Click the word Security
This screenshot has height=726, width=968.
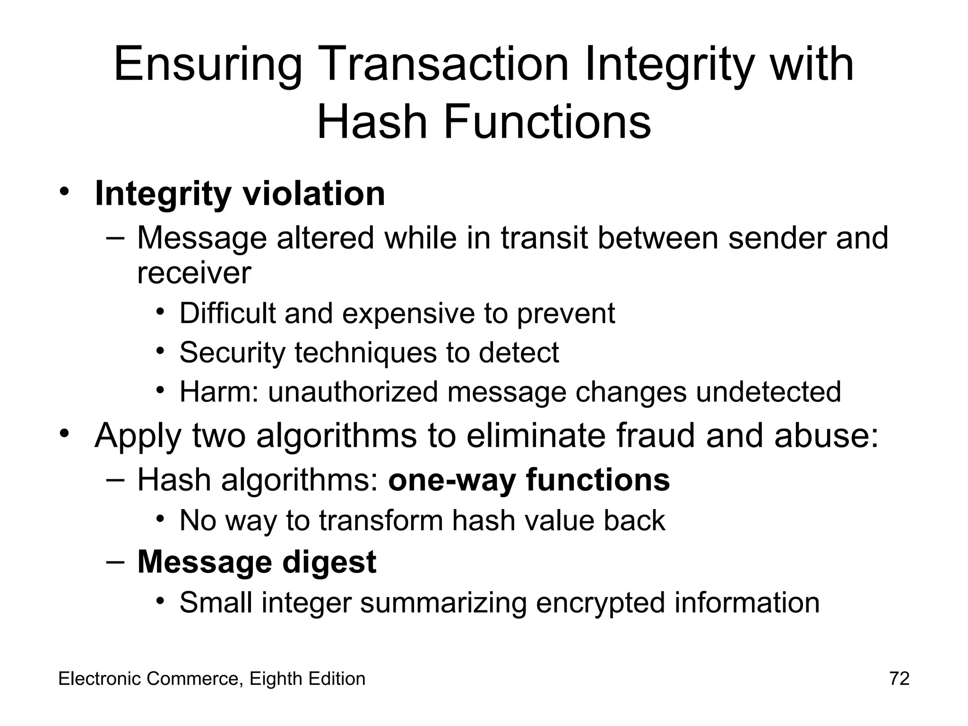(x=232, y=353)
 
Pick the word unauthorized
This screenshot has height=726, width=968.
(x=353, y=392)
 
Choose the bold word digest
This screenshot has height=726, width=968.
(x=329, y=562)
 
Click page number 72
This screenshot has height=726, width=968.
(x=899, y=679)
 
